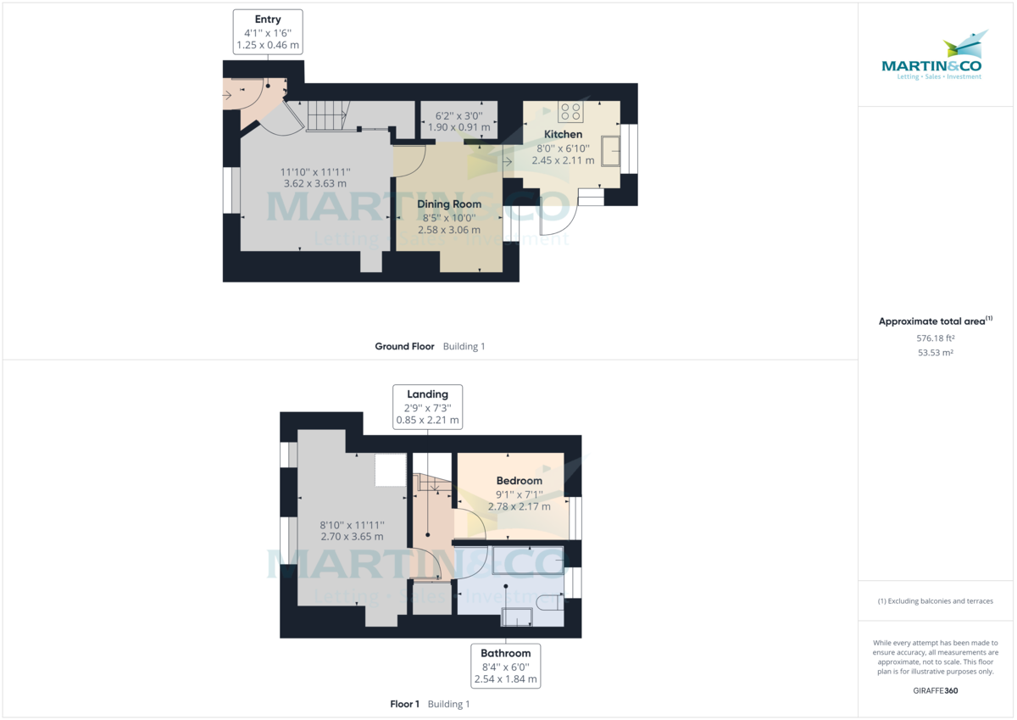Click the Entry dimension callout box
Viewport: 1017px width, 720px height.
(x=267, y=32)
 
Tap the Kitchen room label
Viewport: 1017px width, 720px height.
(x=563, y=134)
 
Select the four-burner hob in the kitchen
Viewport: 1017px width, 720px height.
(x=570, y=112)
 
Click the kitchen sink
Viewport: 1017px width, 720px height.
(x=610, y=151)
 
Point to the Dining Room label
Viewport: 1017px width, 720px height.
(x=448, y=204)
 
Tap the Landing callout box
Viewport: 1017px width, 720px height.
(x=427, y=406)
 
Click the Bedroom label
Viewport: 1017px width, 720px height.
(x=519, y=480)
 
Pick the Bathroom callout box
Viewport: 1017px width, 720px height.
(x=505, y=666)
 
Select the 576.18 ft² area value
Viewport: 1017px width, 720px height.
(x=935, y=338)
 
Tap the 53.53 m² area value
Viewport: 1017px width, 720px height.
(x=935, y=352)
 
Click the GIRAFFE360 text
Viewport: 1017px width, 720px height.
(x=935, y=690)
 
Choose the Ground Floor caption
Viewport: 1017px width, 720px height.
(x=404, y=346)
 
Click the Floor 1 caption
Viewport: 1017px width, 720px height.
(x=404, y=704)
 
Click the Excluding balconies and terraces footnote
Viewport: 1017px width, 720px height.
(x=935, y=600)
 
